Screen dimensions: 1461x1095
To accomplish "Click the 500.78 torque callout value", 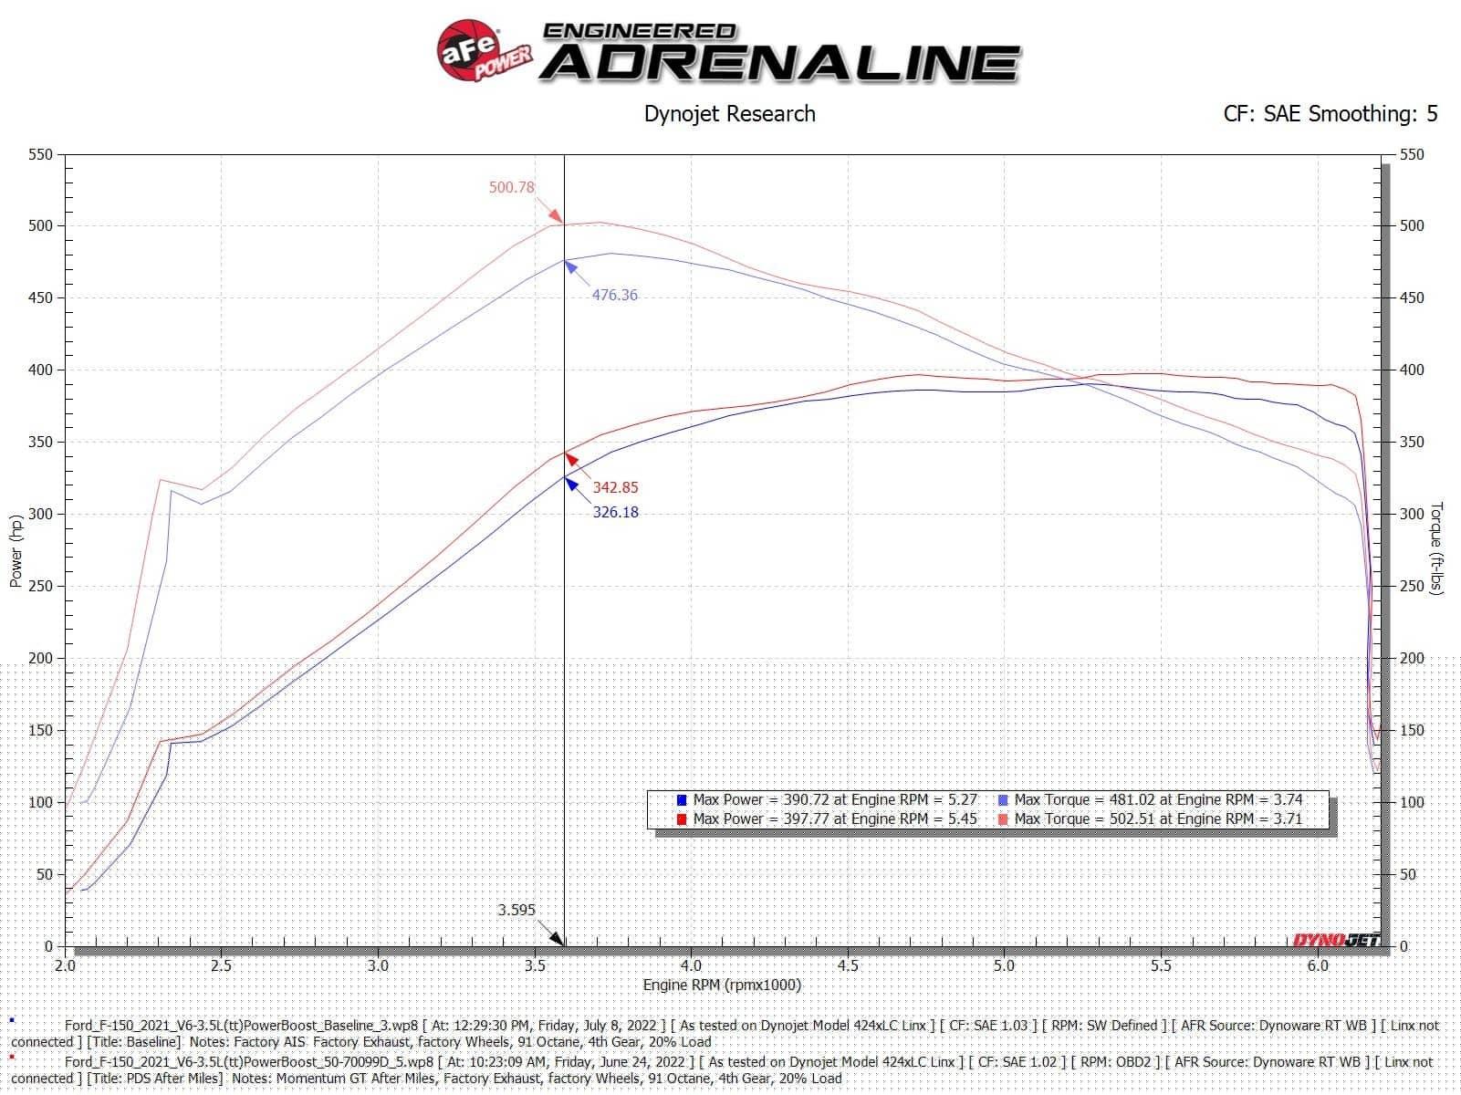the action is pos(511,188).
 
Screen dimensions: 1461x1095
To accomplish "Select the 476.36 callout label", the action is pos(614,295).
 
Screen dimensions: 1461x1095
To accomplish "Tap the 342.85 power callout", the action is pos(615,487).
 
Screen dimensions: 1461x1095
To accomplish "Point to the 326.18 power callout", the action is pos(615,512).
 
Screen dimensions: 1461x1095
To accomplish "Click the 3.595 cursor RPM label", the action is pos(517,910).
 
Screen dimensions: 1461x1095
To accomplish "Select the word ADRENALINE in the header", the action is pos(780,64).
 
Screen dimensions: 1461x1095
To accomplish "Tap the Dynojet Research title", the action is pos(729,114).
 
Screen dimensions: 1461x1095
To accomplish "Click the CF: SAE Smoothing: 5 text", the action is pos(1330,114).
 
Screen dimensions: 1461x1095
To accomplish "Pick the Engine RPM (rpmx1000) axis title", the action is pos(722,985).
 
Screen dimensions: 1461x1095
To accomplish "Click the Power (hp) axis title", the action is pos(16,551).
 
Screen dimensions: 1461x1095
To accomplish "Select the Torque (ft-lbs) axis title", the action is pos(1436,548).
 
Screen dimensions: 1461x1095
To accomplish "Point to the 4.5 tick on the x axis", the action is pos(848,965).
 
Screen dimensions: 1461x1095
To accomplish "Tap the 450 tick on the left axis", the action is pos(40,297).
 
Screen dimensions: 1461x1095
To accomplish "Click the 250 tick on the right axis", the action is pos(1412,586).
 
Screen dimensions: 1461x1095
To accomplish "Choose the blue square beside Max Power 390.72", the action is pos(681,799).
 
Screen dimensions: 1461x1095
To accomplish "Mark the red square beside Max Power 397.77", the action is pos(681,819).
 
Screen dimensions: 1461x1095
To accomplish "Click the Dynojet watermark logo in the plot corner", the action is pos(1335,939).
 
